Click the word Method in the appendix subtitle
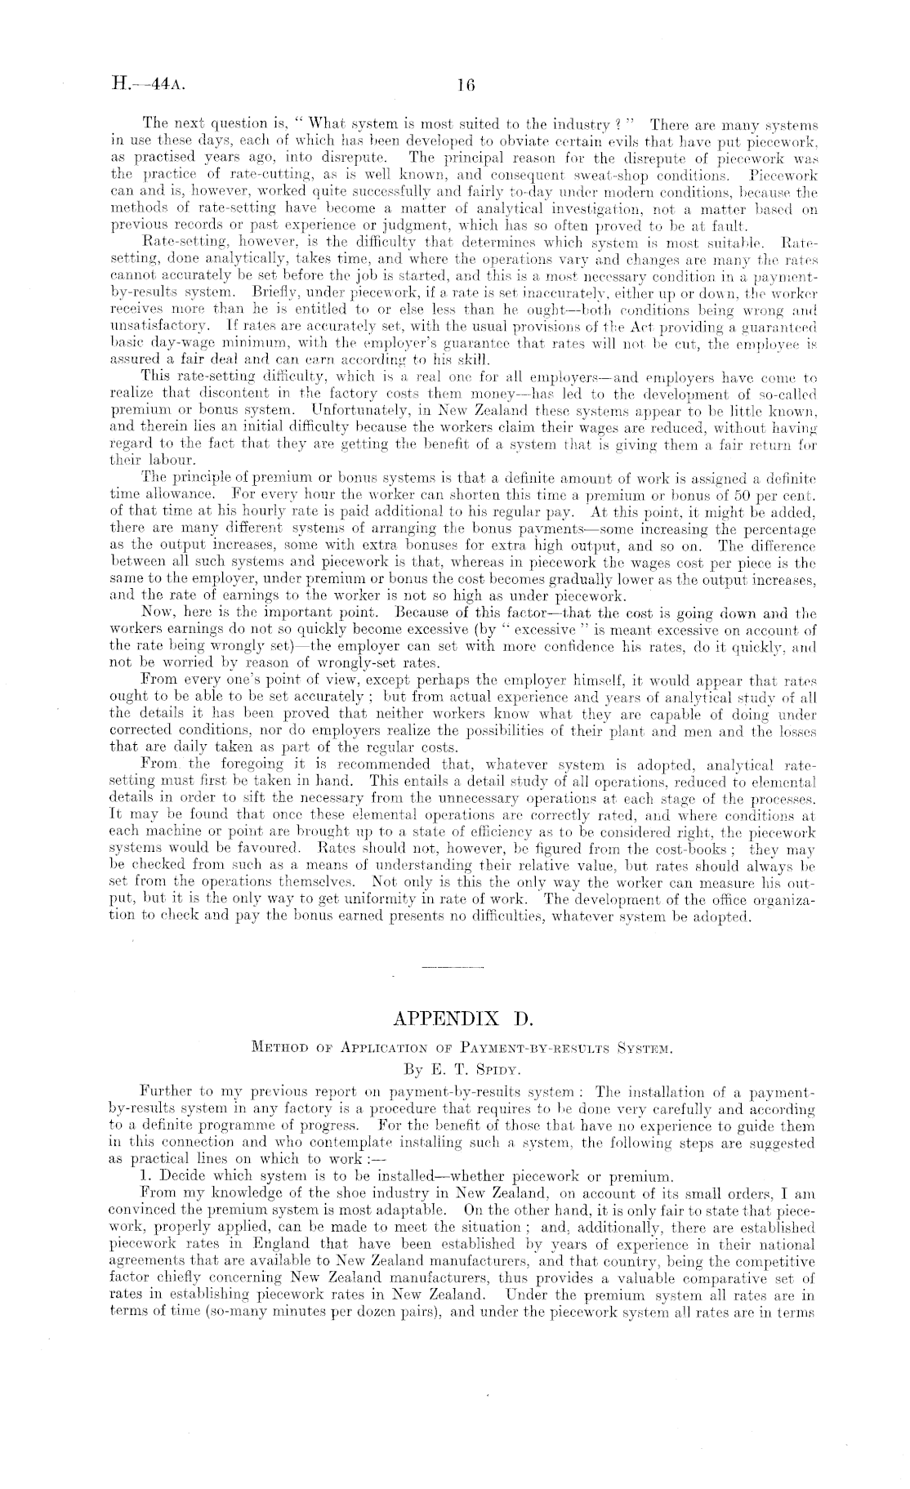click(x=277, y=1046)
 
